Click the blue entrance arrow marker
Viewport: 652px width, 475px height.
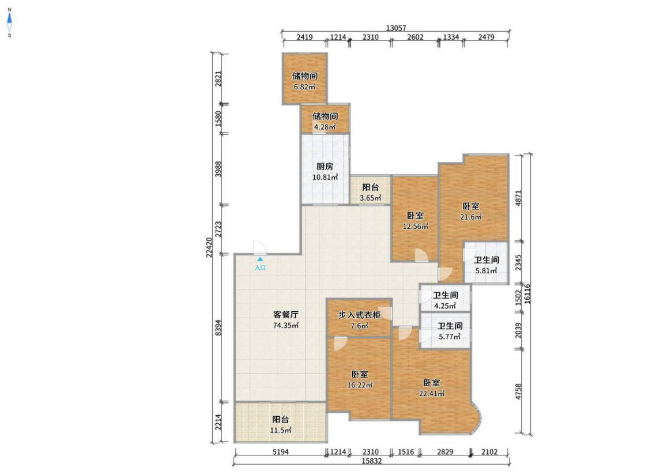click(260, 259)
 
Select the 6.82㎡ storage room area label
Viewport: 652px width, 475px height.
click(304, 87)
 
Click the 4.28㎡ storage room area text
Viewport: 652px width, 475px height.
click(325, 127)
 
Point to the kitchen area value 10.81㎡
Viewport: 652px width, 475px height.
click(325, 177)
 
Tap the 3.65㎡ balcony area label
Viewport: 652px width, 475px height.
click(371, 198)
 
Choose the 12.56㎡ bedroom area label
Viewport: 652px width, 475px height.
click(416, 227)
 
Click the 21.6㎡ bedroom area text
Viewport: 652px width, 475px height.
click(471, 217)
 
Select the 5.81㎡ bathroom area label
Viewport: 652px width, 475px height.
click(487, 271)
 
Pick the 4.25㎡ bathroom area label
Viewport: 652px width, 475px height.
click(446, 306)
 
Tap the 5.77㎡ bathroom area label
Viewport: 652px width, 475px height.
click(450, 337)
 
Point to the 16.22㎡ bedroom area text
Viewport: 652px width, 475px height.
click(360, 384)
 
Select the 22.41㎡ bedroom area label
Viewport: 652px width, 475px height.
click(432, 393)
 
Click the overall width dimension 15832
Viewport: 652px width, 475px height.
click(371, 461)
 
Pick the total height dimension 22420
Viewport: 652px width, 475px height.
click(209, 247)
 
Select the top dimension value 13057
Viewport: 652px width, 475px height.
click(396, 28)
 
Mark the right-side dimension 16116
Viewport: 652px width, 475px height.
click(527, 293)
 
